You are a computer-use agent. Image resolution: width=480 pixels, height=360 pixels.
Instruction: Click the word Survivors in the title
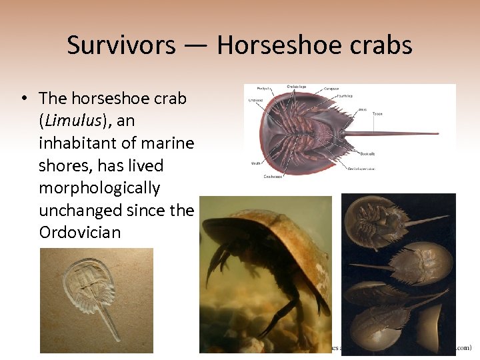click(121, 45)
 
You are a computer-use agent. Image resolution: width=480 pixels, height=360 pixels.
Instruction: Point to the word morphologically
click(99, 188)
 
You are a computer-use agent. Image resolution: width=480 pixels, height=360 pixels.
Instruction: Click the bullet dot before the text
click(23, 99)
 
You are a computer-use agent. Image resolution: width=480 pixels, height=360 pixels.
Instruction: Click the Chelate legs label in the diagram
click(297, 86)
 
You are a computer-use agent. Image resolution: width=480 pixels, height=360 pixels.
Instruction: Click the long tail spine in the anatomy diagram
click(393, 133)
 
